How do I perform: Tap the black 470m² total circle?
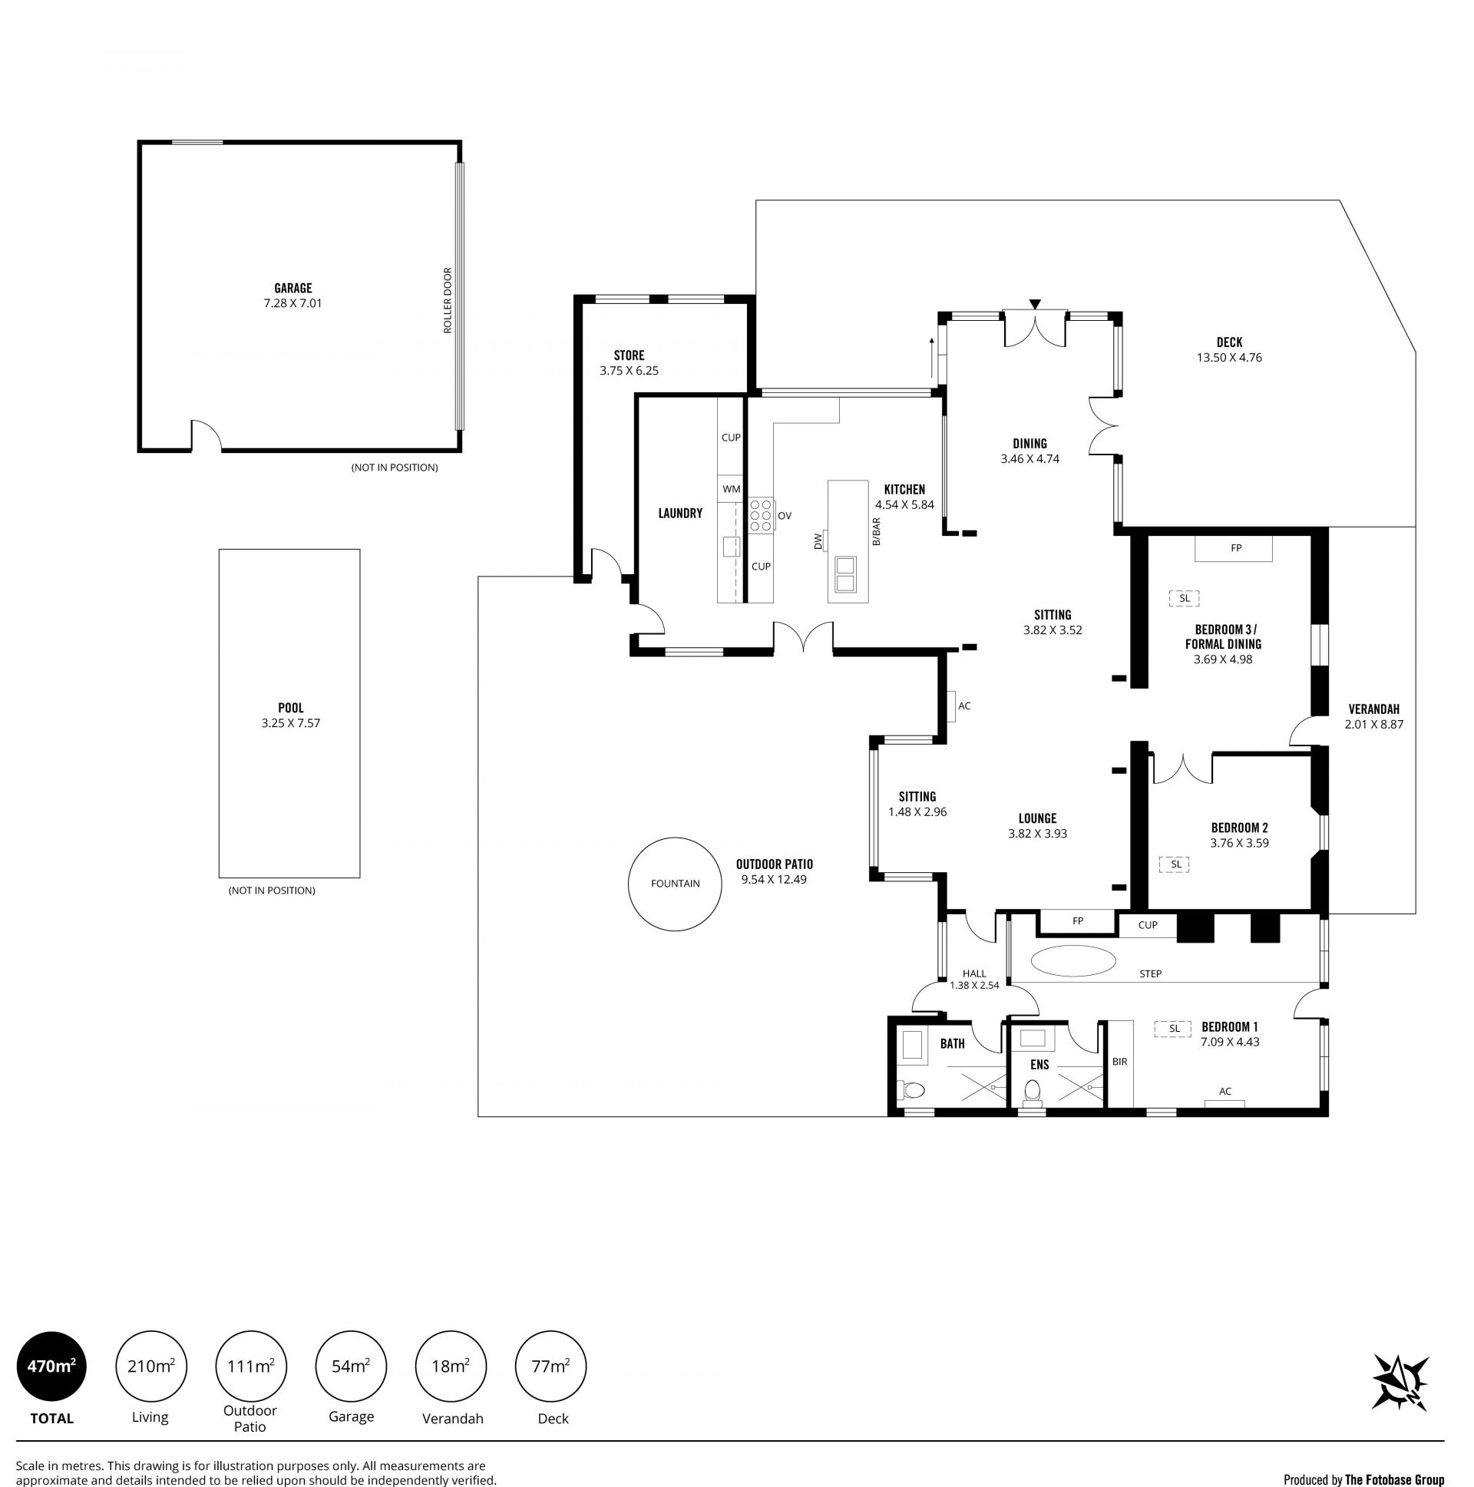pos(51,1366)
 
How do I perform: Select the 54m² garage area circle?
pos(351,1366)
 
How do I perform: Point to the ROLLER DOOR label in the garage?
pos(448,300)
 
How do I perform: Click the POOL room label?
pos(291,707)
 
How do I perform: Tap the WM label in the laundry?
pos(731,489)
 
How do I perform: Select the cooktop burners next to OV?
pos(762,515)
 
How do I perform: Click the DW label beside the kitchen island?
pos(818,542)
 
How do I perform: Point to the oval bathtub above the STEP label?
pos(1073,960)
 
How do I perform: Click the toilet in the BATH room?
pos(912,1089)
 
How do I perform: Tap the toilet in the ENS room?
pos(1033,1091)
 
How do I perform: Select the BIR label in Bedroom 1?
pos(1119,1062)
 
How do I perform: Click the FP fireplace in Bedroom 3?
pos(1233,548)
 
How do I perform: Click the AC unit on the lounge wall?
pos(952,705)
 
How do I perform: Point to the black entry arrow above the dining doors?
pos(1036,304)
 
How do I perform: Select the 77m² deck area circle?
pos(550,1366)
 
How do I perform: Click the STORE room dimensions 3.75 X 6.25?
pos(629,370)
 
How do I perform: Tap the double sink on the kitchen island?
pos(844,574)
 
